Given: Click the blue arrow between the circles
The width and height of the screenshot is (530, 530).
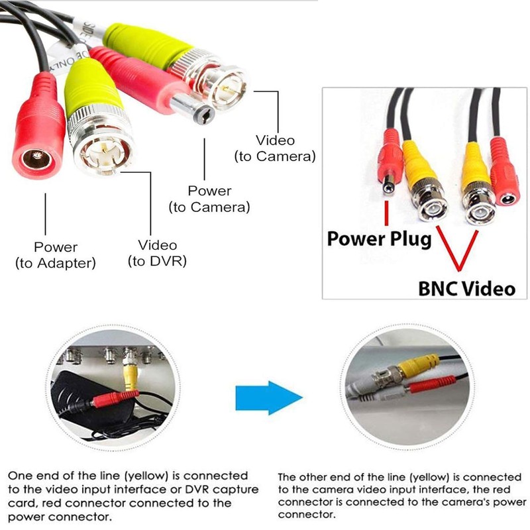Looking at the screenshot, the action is coord(268,397).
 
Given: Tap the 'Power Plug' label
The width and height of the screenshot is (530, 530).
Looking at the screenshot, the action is coord(379,238).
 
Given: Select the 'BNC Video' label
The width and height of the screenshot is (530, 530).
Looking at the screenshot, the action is coord(466,288).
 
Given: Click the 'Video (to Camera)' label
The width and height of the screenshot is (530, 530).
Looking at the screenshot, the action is coord(275,148).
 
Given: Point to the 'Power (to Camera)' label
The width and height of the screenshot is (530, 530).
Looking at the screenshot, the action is coord(209,199).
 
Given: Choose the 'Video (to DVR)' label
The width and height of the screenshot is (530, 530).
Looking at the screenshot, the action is coord(156,252).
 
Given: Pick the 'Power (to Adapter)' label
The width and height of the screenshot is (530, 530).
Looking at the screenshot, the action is coord(56,255).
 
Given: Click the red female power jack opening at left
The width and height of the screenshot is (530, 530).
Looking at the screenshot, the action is coord(34,159).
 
